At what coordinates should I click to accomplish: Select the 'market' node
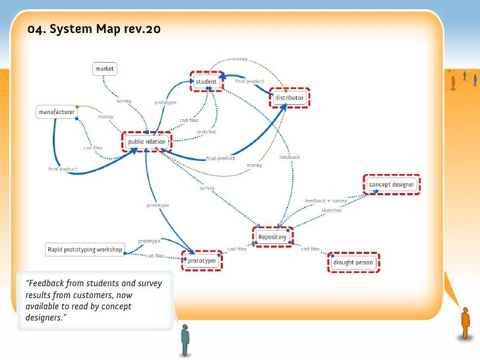point(105,69)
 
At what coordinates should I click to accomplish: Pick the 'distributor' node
point(289,98)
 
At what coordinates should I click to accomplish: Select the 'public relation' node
point(146,142)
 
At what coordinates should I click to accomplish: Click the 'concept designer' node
point(392,185)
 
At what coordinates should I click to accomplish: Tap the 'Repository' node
point(272,237)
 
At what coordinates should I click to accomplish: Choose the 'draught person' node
point(353,262)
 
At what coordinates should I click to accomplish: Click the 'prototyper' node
point(202,261)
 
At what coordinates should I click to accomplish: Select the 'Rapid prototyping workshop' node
point(85,249)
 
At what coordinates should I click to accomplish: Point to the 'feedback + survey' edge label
point(326,200)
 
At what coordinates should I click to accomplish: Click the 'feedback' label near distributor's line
point(289,157)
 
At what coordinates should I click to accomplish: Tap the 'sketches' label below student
point(206,132)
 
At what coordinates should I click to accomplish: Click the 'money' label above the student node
point(240,59)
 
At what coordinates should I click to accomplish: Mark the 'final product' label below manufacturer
point(63,169)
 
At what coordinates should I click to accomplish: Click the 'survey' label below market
point(124,102)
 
